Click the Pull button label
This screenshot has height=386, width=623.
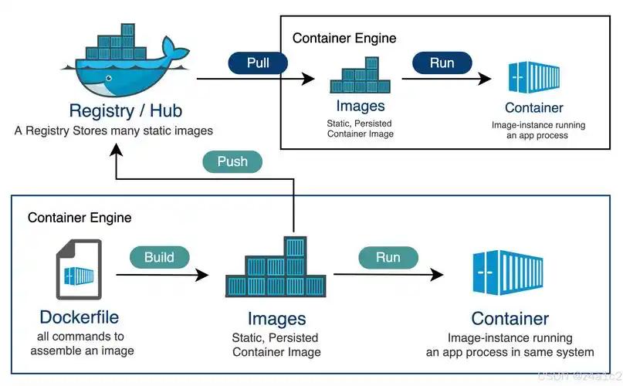258,63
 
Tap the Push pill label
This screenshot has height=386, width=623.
232,161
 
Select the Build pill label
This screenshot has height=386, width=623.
159,258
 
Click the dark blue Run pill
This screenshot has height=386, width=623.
442,63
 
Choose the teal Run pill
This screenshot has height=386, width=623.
388,257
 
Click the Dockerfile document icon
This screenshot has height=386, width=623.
79,270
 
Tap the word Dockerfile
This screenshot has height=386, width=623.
79,317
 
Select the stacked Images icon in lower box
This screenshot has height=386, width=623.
276,270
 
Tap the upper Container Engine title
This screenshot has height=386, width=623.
344,38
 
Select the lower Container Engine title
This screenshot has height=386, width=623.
80,218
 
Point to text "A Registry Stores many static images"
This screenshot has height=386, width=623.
113,130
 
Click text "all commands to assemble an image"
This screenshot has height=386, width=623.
82,344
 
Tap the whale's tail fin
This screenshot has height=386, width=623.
178,54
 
